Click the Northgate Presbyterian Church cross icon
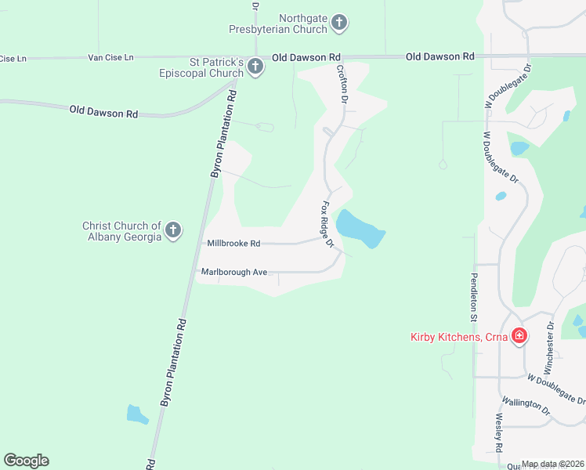[x=338, y=23]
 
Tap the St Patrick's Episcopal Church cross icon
[x=255, y=68]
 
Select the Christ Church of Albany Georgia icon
[x=173, y=231]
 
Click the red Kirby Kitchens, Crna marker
[x=519, y=338]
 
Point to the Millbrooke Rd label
[x=233, y=244]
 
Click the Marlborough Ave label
[x=234, y=272]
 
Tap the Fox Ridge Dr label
[x=327, y=225]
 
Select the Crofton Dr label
[x=342, y=83]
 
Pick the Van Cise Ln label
[x=111, y=58]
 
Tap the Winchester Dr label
[x=549, y=345]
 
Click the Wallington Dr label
[x=526, y=405]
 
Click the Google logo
[x=26, y=461]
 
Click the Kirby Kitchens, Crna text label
[x=458, y=338]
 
